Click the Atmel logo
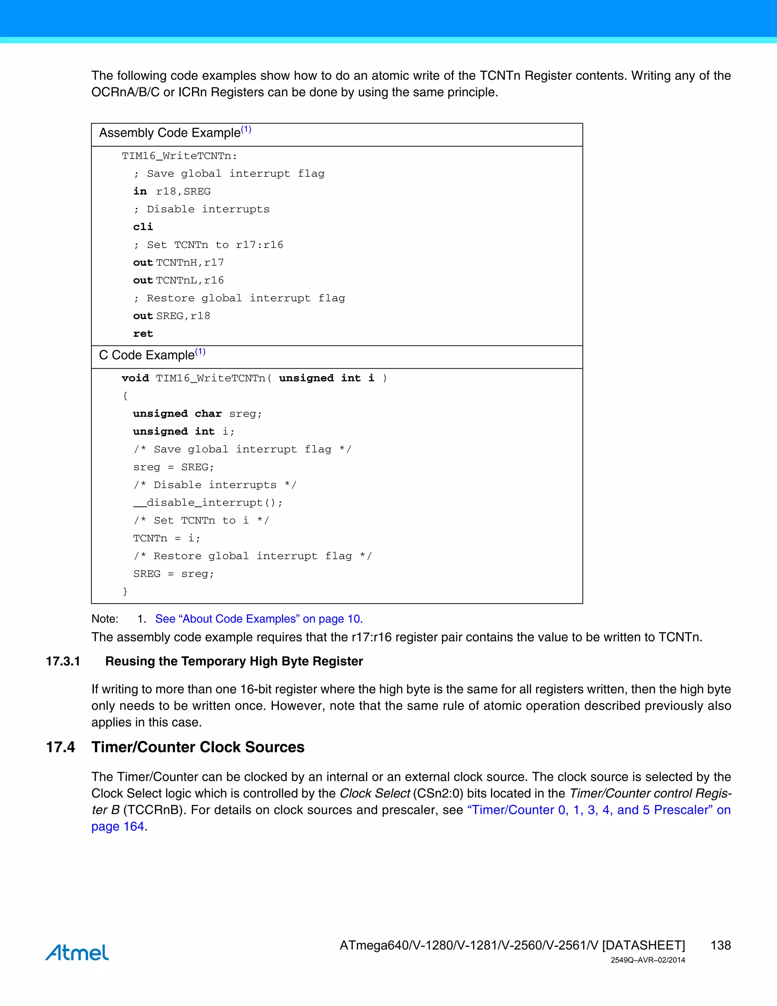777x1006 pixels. click(x=77, y=952)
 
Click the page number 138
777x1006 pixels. click(x=720, y=945)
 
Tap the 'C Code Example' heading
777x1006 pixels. click(x=147, y=355)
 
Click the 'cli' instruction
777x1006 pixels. click(x=143, y=227)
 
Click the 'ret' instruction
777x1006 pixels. click(x=143, y=333)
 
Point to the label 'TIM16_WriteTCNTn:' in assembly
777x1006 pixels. click(x=179, y=156)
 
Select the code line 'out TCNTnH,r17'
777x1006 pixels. click(x=179, y=263)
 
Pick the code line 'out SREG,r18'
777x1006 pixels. click(x=172, y=316)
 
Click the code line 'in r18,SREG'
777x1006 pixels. click(x=172, y=191)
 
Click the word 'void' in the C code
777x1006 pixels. click(x=135, y=378)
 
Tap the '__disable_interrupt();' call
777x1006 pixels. click(x=208, y=503)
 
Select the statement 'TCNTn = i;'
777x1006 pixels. click(x=167, y=538)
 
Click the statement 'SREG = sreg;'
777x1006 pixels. click(x=173, y=574)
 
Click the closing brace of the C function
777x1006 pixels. click(x=125, y=591)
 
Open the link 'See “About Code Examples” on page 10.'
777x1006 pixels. click(x=259, y=619)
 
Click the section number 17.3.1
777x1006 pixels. click(x=63, y=661)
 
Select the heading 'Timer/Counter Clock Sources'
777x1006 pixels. click(x=198, y=747)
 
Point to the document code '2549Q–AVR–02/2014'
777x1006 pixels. click(x=648, y=960)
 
